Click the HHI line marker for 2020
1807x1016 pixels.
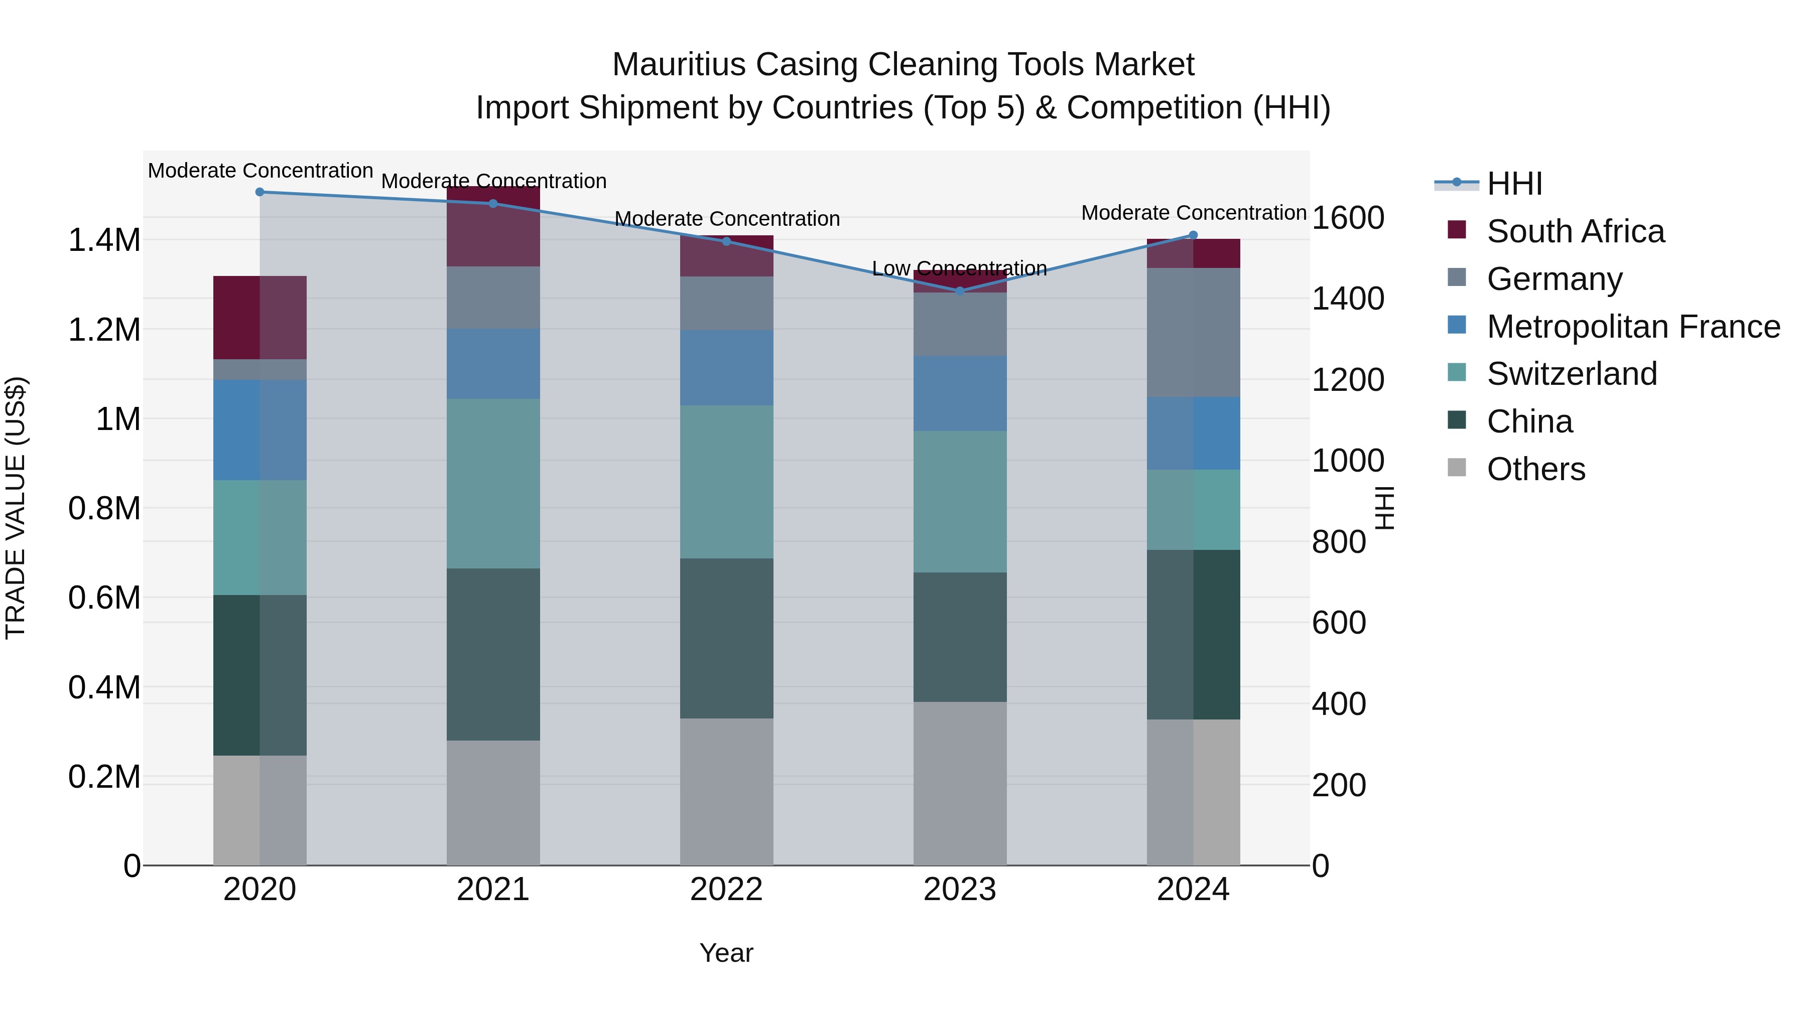click(x=260, y=192)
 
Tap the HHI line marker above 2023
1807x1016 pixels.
click(x=960, y=291)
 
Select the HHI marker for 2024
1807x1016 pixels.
click(x=1193, y=236)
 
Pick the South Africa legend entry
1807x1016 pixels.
click(x=1575, y=231)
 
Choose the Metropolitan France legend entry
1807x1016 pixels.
click(x=1633, y=327)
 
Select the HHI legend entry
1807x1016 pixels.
click(x=1514, y=184)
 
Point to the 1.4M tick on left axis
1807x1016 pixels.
click(x=104, y=240)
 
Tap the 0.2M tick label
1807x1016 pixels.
click(x=104, y=777)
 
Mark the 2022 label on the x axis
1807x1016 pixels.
click(x=726, y=890)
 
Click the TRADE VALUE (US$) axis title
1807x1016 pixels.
click(x=16, y=508)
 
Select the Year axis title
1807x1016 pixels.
click(x=726, y=953)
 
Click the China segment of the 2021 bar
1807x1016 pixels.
click(x=493, y=654)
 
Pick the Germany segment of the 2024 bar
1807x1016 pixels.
click(x=1193, y=332)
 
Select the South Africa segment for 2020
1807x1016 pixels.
click(x=260, y=318)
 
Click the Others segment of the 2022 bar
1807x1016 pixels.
click(x=726, y=792)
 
